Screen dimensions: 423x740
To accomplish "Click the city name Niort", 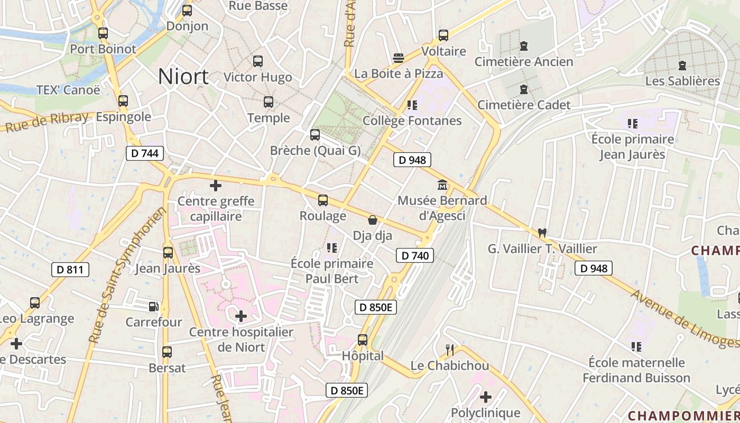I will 183,77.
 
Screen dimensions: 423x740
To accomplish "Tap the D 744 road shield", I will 145,154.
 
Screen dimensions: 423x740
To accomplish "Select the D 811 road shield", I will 70,270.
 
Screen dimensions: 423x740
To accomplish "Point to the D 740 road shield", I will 415,256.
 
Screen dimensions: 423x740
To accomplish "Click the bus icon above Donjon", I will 187,11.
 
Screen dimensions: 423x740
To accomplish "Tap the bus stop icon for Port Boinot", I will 103,33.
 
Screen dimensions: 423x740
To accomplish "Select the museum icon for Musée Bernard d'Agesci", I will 442,186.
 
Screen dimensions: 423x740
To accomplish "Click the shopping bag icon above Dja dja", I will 373,220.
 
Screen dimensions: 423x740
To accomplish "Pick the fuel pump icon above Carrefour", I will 153,306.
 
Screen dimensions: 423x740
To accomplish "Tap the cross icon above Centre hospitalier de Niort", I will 241,317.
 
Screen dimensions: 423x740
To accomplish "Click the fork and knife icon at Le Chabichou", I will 450,350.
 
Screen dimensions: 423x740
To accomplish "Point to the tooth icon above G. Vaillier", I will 542,233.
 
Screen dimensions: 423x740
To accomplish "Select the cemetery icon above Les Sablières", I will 682,66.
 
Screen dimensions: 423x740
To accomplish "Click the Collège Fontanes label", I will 412,121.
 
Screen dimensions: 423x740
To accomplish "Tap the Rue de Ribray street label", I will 47,122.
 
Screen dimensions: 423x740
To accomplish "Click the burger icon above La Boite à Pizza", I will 399,58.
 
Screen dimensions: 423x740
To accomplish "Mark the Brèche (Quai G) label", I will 315,151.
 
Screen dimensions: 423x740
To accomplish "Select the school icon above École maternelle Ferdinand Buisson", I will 636,347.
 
